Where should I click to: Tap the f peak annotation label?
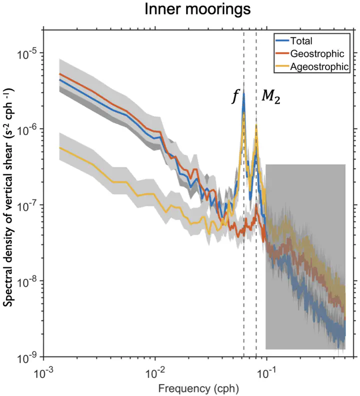coord(234,97)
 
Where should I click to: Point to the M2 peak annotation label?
coord(270,97)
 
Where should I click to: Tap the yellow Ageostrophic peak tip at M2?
coord(256,125)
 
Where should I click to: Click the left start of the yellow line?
coord(60,148)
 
